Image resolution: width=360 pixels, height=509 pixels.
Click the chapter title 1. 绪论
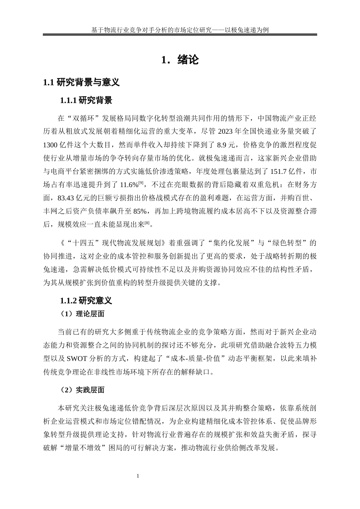(x=180, y=60)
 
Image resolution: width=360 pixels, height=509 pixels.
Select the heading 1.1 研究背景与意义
(x=81, y=82)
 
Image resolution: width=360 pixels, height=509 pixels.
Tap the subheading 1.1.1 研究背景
(x=86, y=100)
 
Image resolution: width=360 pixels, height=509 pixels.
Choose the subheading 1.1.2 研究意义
(x=86, y=301)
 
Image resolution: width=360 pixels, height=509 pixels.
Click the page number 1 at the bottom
(x=138, y=476)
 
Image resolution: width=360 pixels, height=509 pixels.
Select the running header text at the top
(x=180, y=30)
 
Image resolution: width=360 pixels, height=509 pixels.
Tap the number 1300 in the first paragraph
(x=50, y=145)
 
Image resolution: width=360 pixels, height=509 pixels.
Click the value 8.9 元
(x=226, y=145)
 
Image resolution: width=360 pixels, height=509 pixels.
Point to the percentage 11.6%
(x=128, y=185)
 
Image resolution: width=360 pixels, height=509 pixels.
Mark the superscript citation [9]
(x=141, y=183)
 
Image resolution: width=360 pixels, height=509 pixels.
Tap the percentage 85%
(x=141, y=211)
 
